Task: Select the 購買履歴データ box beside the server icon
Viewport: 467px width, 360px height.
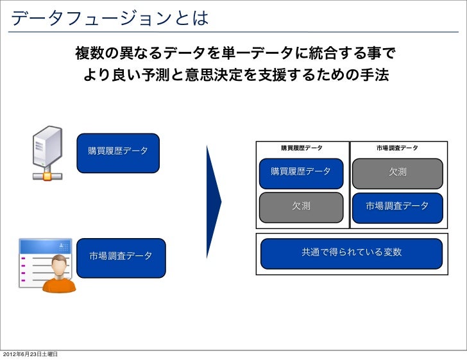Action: tap(118, 153)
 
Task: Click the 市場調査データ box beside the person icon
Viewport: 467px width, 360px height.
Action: tap(121, 257)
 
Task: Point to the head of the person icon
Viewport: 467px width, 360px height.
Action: tap(59, 264)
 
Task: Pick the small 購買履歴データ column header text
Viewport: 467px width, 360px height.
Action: tap(302, 148)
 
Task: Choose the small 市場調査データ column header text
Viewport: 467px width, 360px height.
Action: tap(397, 148)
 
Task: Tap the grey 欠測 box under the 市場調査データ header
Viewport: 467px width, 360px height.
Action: tap(397, 173)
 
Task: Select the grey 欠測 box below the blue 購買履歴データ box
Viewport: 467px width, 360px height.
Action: tap(301, 207)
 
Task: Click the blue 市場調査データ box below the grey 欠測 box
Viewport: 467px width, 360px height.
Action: tap(397, 207)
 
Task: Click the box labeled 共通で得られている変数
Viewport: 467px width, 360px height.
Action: tap(350, 253)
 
